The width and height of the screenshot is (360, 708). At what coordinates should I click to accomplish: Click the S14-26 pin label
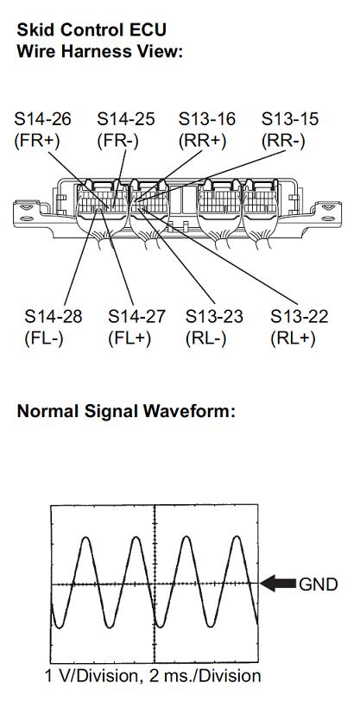click(x=43, y=119)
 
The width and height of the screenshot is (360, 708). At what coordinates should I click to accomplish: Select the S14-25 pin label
click(x=126, y=119)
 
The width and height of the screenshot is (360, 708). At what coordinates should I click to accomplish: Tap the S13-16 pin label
click(x=207, y=119)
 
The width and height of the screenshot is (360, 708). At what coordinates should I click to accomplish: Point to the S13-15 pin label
click(x=290, y=119)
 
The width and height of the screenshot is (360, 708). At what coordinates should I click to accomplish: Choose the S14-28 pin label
click(x=54, y=317)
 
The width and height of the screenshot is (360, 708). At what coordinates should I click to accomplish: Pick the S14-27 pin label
click(x=137, y=317)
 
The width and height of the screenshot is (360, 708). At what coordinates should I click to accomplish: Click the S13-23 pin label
click(x=214, y=317)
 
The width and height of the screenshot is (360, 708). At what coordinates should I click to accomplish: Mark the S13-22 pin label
click(x=299, y=317)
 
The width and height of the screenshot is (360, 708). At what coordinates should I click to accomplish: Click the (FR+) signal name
click(x=37, y=141)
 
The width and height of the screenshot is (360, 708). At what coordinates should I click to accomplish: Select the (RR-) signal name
click(x=283, y=141)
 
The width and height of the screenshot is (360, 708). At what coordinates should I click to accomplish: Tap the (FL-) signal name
click(x=44, y=338)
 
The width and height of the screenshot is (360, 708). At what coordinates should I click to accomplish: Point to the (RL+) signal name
click(x=293, y=338)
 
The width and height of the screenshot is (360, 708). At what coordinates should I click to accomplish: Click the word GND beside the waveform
click(x=318, y=585)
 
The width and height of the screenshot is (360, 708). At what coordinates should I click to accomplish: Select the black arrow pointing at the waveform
click(x=278, y=584)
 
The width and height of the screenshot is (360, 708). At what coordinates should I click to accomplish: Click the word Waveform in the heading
click(x=188, y=411)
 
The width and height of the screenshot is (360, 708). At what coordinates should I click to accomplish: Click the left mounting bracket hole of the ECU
click(x=25, y=207)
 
